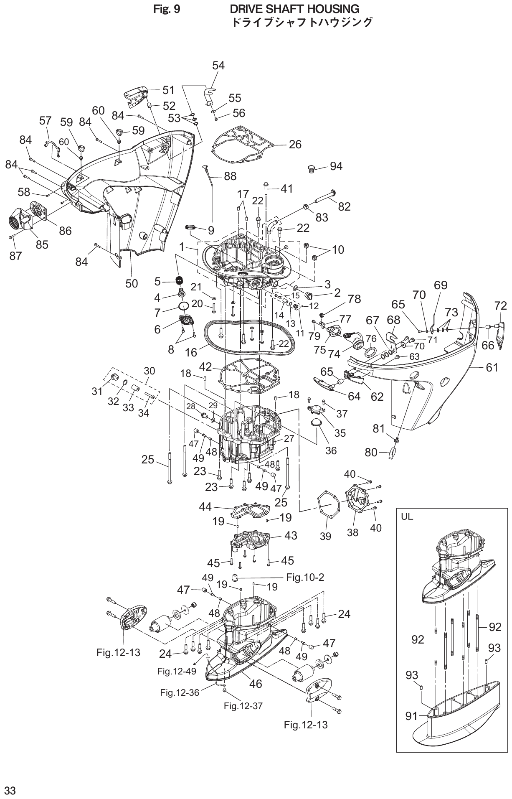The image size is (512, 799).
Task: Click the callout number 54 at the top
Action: [218, 66]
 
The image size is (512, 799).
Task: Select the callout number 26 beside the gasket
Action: [295, 145]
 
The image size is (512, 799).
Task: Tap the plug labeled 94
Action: [310, 169]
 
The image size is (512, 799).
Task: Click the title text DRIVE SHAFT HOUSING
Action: [294, 9]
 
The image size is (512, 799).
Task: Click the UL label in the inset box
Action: [407, 516]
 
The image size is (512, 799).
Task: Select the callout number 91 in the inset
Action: [411, 716]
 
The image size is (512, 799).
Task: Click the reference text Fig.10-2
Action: [305, 577]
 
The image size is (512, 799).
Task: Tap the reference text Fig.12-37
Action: [243, 706]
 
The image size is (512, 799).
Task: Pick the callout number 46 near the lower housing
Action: [255, 684]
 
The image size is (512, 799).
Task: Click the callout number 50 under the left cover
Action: [132, 283]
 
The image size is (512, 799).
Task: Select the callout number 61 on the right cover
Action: [492, 367]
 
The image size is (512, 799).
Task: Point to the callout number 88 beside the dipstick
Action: [230, 176]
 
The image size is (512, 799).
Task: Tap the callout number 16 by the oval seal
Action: [191, 352]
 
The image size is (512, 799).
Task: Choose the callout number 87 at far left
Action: [15, 255]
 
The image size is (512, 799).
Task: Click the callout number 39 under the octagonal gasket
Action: [325, 536]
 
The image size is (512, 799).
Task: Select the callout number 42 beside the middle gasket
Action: [205, 366]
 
